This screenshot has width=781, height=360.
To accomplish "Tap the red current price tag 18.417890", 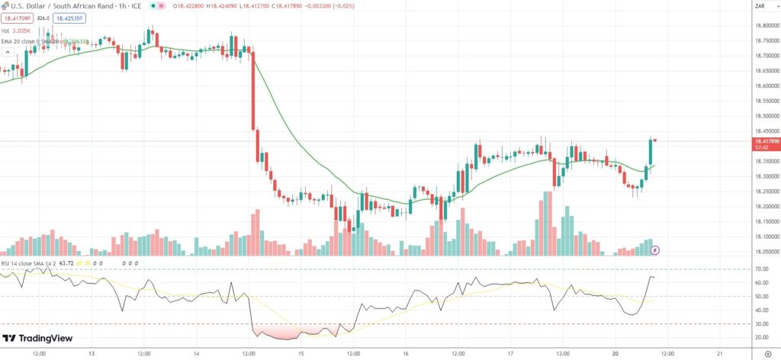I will [x=765, y=141].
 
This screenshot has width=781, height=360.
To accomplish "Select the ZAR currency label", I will [x=760, y=6].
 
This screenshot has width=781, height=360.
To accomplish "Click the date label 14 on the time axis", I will [x=196, y=354].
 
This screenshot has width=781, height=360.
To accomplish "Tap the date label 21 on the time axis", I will [x=720, y=354].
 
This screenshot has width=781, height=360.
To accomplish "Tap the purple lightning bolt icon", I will [x=655, y=249].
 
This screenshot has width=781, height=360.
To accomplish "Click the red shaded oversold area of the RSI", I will [x=278, y=331].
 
